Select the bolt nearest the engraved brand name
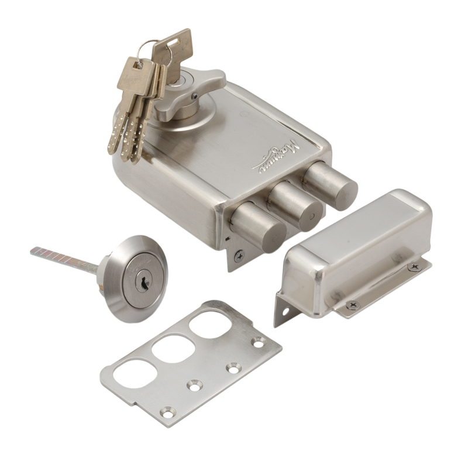tap(331, 183)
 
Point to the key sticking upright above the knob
tap(173, 47)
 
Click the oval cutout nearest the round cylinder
tap(132, 375)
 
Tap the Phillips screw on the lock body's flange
tap(239, 255)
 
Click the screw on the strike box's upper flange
tap(414, 266)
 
